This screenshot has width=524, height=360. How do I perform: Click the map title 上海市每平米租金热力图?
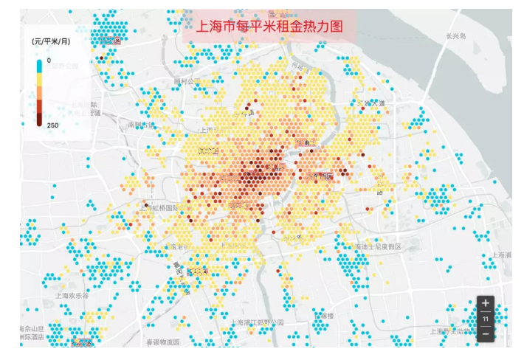[x=269, y=26]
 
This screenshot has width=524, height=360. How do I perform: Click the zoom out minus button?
[x=485, y=333]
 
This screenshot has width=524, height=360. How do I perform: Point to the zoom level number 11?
[x=485, y=319]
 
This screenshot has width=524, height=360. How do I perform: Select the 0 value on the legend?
[x=49, y=60]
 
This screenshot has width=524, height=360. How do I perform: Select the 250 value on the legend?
[x=52, y=125]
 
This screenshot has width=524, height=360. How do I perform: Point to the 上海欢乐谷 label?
[x=72, y=295]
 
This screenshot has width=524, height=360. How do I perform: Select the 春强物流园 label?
[x=162, y=342]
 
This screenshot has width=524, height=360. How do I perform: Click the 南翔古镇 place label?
[x=141, y=125]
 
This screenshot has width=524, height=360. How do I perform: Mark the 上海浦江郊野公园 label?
[x=256, y=323]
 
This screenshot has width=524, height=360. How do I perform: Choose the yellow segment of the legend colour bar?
[x=40, y=80]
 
